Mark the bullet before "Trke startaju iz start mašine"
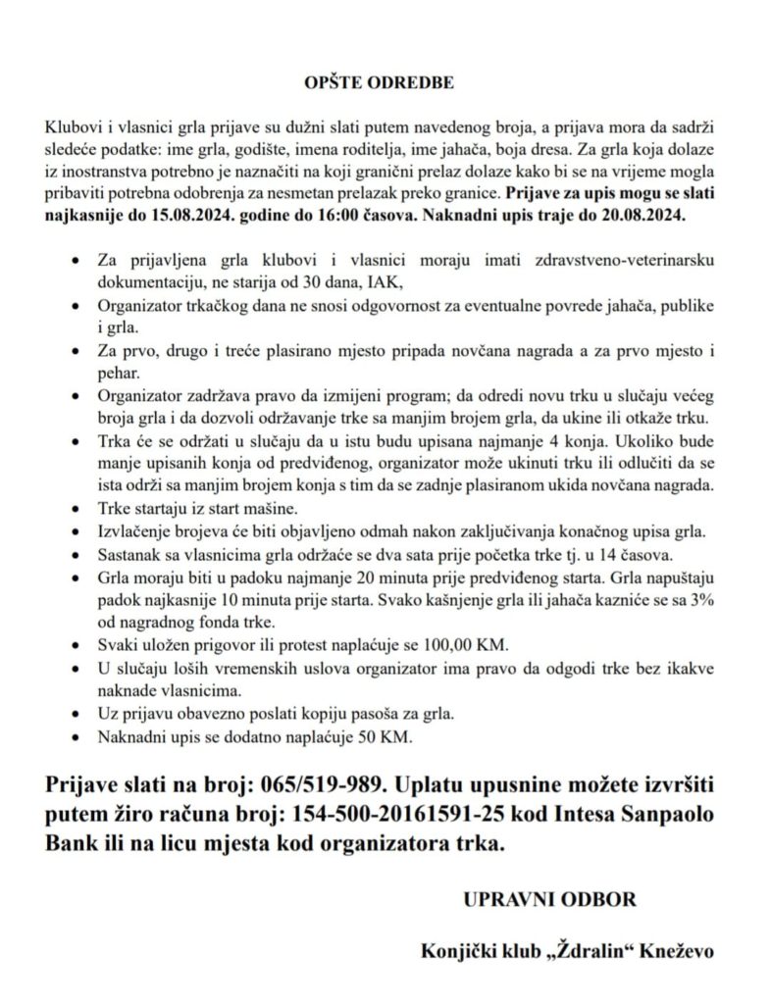pos(77,511)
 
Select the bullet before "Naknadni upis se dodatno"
pos(77,736)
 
